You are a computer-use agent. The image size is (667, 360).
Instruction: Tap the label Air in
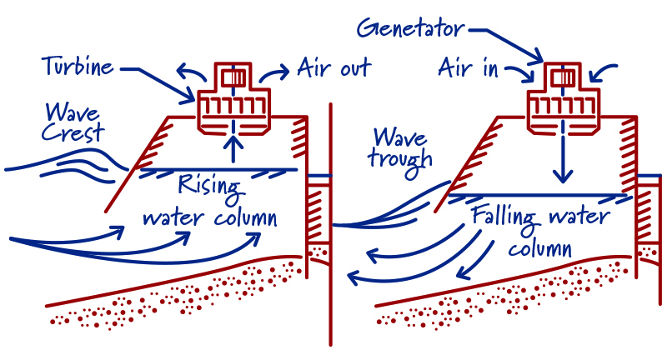469,68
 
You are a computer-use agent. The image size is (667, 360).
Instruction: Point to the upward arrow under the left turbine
236,148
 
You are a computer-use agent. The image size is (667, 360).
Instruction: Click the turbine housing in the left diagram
236,107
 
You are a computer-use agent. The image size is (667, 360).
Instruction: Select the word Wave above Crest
72,112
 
